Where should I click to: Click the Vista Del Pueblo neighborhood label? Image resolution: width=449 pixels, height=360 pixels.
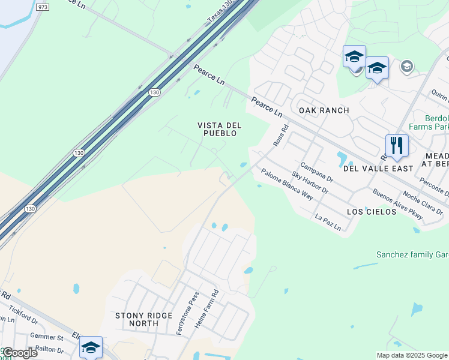(220, 129)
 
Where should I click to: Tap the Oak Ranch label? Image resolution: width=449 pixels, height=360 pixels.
(324, 110)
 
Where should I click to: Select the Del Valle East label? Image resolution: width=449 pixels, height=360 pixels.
(378, 169)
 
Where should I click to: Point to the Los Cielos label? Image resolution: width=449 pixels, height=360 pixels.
(372, 212)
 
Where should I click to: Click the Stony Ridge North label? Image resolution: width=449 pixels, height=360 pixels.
(144, 319)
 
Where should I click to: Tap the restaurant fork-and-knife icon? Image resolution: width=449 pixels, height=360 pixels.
(397, 146)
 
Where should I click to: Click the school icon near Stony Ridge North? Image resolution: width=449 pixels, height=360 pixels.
(91, 347)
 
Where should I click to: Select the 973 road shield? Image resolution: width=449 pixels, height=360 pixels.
(42, 7)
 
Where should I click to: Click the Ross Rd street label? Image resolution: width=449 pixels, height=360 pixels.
(281, 136)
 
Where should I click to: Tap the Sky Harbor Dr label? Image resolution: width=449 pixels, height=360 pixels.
(310, 182)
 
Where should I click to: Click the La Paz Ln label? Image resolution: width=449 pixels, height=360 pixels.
(328, 222)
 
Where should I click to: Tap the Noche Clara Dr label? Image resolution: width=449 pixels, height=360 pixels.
(423, 199)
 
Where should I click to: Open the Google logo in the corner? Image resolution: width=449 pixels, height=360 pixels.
(20, 353)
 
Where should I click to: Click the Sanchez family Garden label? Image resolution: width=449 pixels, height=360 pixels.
(412, 255)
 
